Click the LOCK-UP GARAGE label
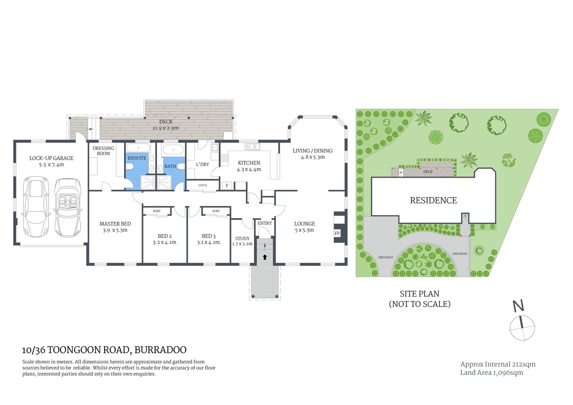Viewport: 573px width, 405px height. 51,158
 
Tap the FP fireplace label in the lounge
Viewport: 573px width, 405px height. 337,233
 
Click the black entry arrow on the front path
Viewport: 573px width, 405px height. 265,256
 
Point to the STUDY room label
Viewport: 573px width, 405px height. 242,238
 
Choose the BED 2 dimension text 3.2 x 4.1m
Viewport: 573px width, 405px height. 165,243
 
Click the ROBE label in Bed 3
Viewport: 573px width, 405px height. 216,211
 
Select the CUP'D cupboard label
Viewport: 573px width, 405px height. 203,185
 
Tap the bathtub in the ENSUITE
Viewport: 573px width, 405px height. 138,149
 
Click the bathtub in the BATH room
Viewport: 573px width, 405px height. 173,150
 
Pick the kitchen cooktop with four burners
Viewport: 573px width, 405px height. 224,159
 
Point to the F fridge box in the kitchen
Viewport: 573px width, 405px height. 227,186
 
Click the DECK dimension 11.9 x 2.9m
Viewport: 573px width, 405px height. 166,128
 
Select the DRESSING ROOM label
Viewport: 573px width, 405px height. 103,151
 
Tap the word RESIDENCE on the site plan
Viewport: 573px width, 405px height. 433,200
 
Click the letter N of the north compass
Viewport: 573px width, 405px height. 518,305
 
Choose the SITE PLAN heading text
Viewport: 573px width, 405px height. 419,294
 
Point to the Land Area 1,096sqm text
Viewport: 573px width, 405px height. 492,373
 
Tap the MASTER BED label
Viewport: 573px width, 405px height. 115,224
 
